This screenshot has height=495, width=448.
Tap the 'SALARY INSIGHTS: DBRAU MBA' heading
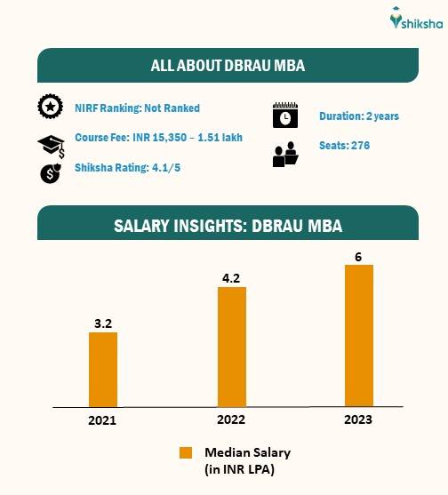(228, 226)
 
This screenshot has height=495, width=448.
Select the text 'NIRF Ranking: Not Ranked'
(137, 108)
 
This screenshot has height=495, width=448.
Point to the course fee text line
(158, 138)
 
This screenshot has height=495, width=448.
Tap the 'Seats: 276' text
(344, 146)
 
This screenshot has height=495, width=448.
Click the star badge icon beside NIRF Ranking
(50, 108)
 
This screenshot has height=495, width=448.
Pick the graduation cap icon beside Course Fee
(50, 145)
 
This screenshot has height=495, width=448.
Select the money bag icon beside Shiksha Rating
(50, 173)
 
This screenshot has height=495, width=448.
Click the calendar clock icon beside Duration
(284, 116)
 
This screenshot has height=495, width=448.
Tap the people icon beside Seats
(284, 155)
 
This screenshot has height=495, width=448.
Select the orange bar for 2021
(103, 369)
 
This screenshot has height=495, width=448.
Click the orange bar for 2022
(231, 347)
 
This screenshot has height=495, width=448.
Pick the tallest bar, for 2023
(359, 335)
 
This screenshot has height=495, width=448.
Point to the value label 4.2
(231, 277)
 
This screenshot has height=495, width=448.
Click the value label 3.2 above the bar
(103, 323)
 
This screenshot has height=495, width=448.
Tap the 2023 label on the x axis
(359, 419)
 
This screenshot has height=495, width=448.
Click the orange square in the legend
(186, 452)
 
